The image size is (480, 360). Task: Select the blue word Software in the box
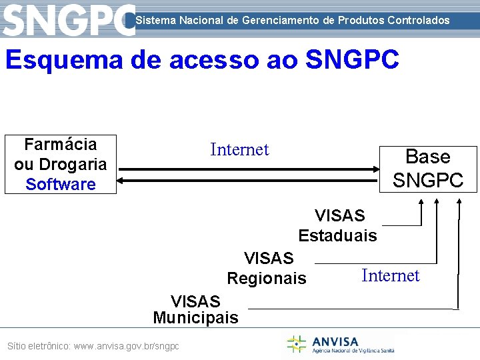coord(61,184)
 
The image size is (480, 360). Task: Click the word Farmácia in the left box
coord(61,144)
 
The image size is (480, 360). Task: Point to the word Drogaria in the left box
coord(73,164)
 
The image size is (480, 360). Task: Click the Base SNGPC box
coord(427,169)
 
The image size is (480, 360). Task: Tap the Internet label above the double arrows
coord(239,150)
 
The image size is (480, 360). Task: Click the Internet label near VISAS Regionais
coord(390,275)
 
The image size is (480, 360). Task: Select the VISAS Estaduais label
coord(338,225)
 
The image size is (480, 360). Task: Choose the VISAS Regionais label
coord(267,268)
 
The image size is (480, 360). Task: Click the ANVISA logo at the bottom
coord(340,344)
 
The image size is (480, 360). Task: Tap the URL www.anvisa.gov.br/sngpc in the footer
coord(127,347)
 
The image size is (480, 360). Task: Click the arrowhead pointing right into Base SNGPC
coord(373,169)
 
